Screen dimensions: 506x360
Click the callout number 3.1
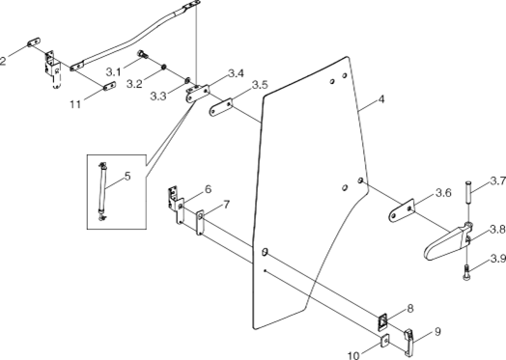tap(114, 71)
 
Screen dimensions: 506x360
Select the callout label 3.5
tap(260, 85)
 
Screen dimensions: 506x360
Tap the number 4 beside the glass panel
tap(381, 99)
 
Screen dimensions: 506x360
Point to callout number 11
tap(75, 104)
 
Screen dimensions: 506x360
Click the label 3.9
tap(498, 259)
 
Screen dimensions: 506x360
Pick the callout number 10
tap(353, 355)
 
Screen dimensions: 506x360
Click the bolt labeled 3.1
tap(142, 54)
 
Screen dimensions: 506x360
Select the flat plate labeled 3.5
tap(221, 107)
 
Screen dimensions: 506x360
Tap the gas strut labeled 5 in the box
tap(102, 192)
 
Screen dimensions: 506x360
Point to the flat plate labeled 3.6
tap(402, 210)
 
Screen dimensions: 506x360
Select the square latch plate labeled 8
tap(382, 321)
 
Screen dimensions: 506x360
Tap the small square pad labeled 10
tap(384, 341)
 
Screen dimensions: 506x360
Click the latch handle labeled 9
tap(409, 342)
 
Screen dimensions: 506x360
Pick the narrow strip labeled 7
tap(200, 222)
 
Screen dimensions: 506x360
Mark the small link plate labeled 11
tap(109, 86)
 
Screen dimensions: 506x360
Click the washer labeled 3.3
tap(187, 79)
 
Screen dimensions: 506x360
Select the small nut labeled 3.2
tap(163, 67)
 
